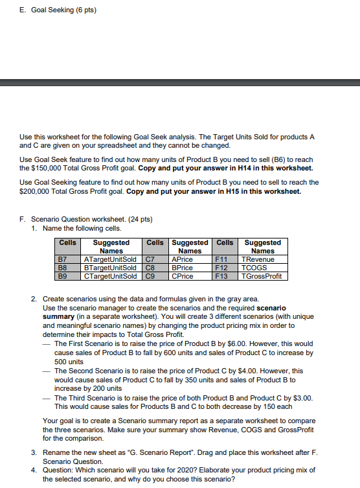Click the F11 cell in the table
[x=222, y=259]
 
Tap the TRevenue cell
[x=258, y=259]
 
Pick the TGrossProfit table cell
[x=263, y=275]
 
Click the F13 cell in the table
[x=222, y=275]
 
